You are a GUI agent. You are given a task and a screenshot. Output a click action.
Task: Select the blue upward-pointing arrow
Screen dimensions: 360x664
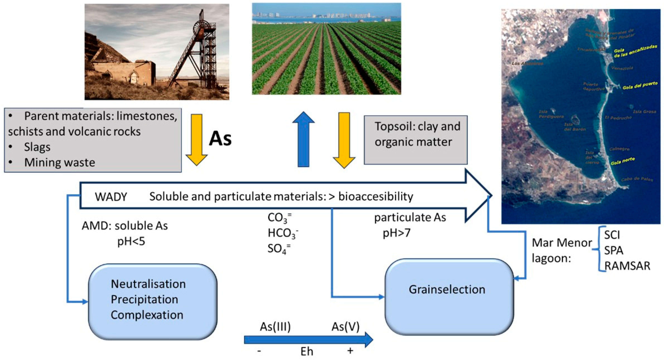(x=303, y=139)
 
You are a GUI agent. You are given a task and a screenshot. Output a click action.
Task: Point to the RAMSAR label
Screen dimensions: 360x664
(x=627, y=266)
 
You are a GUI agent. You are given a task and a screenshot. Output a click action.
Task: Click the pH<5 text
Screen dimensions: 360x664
(x=131, y=242)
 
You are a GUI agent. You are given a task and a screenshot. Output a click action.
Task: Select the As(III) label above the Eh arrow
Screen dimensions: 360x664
(x=275, y=327)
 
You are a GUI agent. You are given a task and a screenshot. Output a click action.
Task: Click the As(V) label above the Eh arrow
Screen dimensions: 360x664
(x=345, y=327)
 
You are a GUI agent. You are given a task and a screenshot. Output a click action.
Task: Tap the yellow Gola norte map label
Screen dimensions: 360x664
(x=622, y=161)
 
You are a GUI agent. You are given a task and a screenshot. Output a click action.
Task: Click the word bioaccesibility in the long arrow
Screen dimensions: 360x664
(x=376, y=197)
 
